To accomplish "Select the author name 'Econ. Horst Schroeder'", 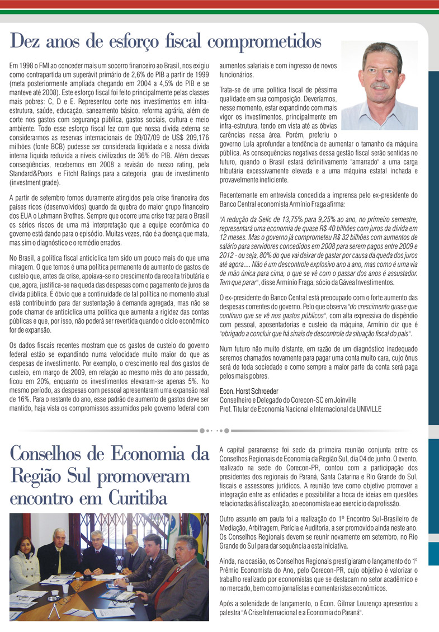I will click(x=249, y=392).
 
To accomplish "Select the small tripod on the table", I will click(x=54, y=611).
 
